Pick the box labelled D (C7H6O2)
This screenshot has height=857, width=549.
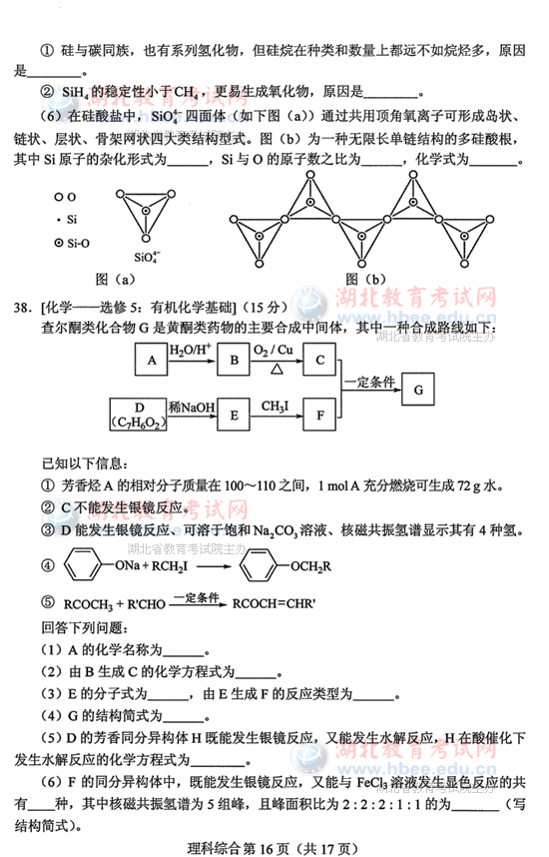coord(142,415)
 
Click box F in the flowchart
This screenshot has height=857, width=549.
coord(318,415)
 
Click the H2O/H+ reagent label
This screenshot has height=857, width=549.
coord(191,350)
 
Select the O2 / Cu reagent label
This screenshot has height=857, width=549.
coord(275,349)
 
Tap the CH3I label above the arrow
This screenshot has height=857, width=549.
coord(275,405)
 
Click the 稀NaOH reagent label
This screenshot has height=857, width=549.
coord(190,405)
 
